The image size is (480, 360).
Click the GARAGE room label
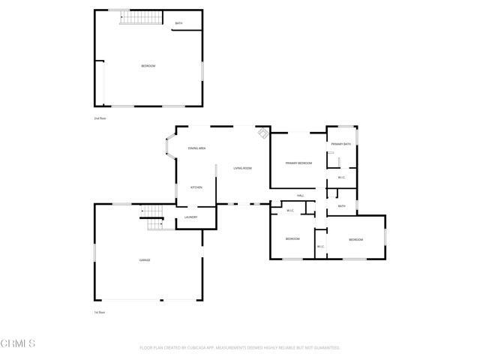144,260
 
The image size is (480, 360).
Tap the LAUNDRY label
190,217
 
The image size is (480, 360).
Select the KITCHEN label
196,187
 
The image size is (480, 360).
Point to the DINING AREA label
197,148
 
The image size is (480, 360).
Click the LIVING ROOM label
242,168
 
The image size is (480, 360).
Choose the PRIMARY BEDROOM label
298,163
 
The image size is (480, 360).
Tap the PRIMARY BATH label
341,144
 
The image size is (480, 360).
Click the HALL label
300,196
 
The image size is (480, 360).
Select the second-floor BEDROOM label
148,67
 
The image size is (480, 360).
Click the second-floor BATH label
178,23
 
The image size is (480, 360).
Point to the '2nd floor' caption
99,118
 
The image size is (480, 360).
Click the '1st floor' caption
99,312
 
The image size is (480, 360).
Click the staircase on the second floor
136,16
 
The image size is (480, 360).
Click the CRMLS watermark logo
18,343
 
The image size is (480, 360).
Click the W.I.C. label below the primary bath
341,178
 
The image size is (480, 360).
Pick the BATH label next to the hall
341,206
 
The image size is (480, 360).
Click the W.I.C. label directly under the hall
290,211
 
